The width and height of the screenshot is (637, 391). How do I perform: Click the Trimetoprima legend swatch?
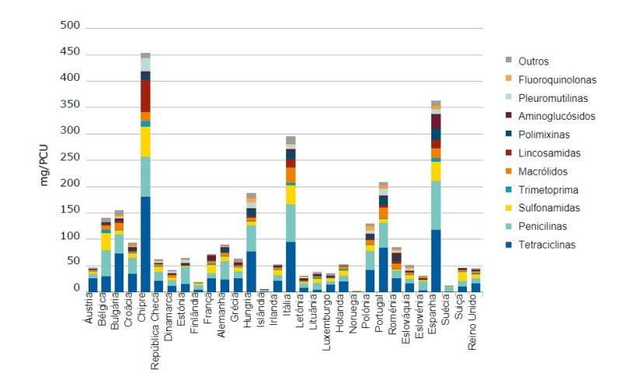pyautogui.click(x=509, y=190)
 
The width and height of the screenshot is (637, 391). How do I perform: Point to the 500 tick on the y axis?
pyautogui.click(x=71, y=26)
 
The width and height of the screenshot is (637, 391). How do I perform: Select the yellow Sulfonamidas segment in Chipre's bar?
pyautogui.click(x=145, y=141)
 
